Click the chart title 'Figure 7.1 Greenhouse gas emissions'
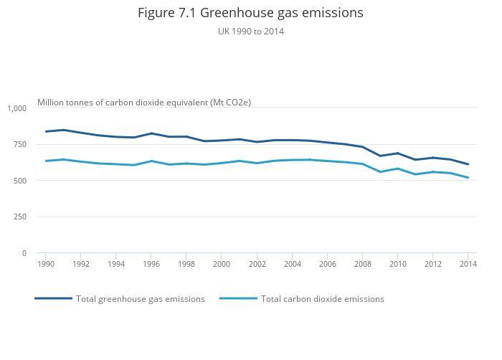251,13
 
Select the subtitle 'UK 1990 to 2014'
251,31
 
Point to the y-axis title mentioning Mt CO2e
144,103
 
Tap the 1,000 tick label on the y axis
17,108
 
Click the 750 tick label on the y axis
19,144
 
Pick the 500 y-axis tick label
19,181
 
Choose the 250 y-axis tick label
19,217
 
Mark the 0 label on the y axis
24,253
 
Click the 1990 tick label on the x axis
46,264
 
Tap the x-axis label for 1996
151,264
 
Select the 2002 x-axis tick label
257,264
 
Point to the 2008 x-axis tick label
362,264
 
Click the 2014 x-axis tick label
468,264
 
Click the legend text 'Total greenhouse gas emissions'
141,299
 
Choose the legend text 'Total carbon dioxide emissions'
323,299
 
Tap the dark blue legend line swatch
53,298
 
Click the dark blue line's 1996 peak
151,133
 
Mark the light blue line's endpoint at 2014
468,178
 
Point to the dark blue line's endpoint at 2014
468,164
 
